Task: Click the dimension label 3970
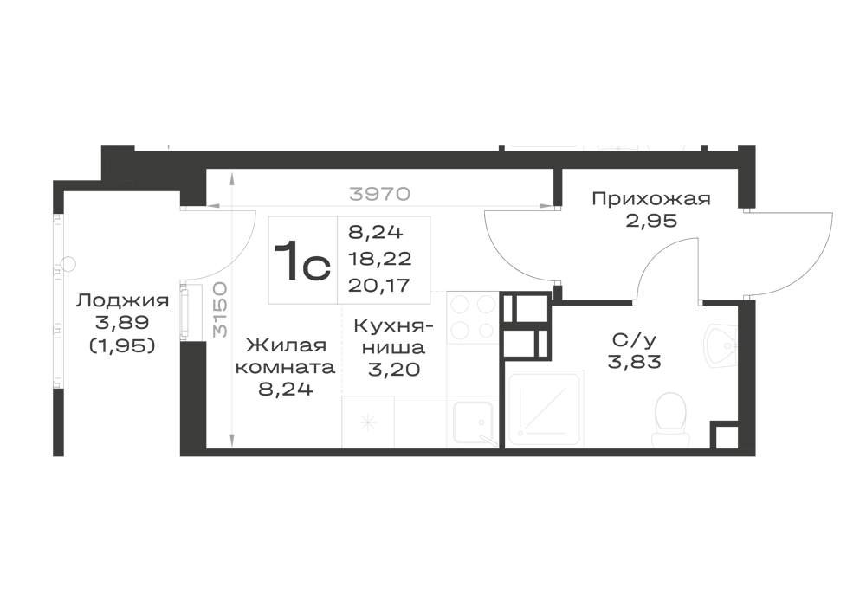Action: pyautogui.click(x=380, y=194)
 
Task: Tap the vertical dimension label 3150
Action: pyautogui.click(x=220, y=310)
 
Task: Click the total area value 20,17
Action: pyautogui.click(x=379, y=285)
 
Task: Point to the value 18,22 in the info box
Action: pyautogui.click(x=379, y=258)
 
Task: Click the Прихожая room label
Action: pyautogui.click(x=651, y=199)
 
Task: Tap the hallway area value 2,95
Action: pyautogui.click(x=651, y=221)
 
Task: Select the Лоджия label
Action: pyautogui.click(x=122, y=301)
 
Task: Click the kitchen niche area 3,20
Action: pyautogui.click(x=394, y=369)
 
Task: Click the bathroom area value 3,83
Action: pyautogui.click(x=635, y=362)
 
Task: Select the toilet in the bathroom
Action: pyautogui.click(x=670, y=420)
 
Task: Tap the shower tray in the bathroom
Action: pyautogui.click(x=545, y=409)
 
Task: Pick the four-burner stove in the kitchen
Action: pyautogui.click(x=472, y=318)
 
